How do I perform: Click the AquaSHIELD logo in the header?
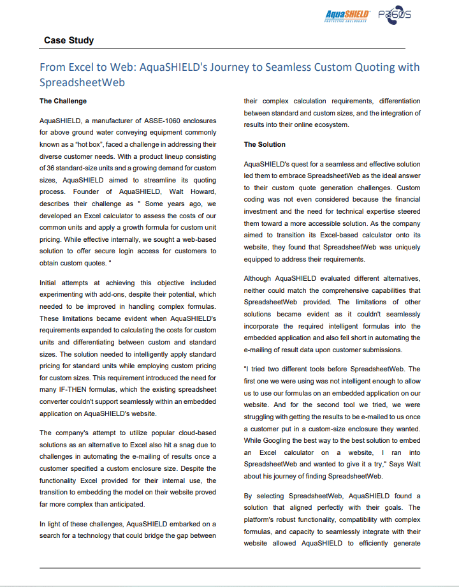coord(347,15)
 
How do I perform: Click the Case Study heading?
coord(69,40)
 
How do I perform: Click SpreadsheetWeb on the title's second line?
coord(82,82)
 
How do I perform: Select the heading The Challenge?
coord(63,101)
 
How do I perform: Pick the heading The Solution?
coord(265,144)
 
